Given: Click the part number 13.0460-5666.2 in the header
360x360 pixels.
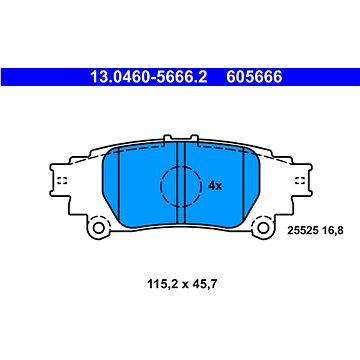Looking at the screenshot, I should [147, 75].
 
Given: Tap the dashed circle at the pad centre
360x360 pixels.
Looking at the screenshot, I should [178, 184].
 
